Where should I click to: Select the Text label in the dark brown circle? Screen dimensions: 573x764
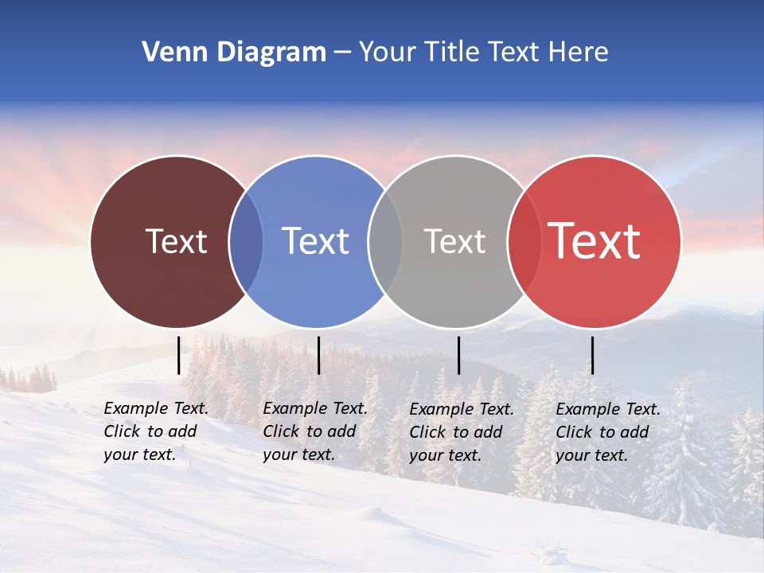point(176,241)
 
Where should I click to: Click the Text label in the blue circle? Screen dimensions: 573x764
point(315,241)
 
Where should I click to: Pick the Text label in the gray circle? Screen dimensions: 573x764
point(454,241)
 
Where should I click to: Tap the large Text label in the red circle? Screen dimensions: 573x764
point(594,241)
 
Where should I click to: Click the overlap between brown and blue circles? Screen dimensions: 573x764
point(246,242)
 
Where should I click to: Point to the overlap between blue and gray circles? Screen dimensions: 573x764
point(385,242)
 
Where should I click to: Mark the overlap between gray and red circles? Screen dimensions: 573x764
point(524,242)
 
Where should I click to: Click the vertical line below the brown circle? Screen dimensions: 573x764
point(178,355)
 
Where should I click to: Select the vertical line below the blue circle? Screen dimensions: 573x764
point(318,355)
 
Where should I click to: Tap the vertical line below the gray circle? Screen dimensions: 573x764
point(458,355)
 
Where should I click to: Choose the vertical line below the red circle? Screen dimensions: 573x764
point(592,355)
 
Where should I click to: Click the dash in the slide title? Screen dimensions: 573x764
point(341,53)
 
